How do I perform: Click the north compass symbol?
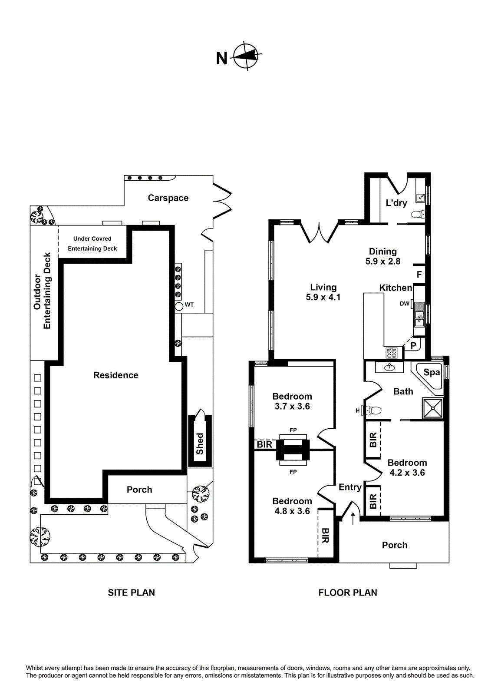pos(246,56)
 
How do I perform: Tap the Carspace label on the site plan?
pos(168,198)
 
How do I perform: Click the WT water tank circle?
pos(179,306)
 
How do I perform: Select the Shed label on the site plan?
pos(200,443)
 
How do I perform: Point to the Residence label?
pos(115,375)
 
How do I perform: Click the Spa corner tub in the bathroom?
pos(430,375)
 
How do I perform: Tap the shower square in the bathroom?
pos(433,408)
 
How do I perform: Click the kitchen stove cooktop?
pos(392,352)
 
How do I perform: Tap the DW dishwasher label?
pos(404,304)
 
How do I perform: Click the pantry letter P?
pos(413,346)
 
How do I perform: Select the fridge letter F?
pos(419,275)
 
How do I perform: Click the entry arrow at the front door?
pos(353,518)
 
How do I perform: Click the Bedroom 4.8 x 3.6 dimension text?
pos(292,511)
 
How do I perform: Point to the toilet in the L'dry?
pos(418,214)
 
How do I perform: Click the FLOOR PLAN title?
pos(347,592)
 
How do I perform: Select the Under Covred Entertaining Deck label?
pos(92,244)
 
